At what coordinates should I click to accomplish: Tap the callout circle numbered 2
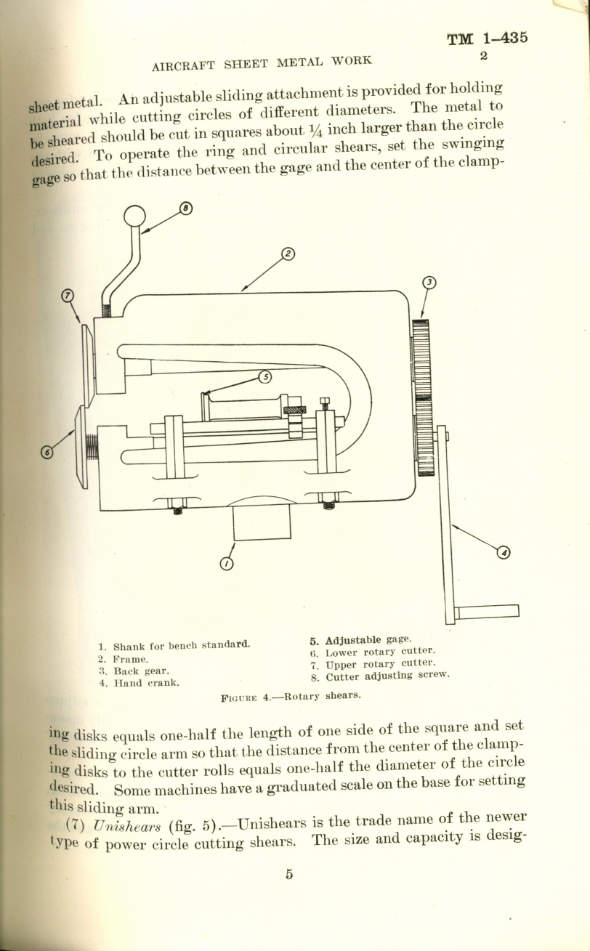(x=288, y=254)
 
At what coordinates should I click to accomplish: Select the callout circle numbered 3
(x=429, y=282)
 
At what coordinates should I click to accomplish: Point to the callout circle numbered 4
(x=503, y=553)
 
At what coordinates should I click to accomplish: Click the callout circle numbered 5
(x=264, y=376)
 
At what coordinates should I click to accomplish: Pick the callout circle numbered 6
(x=47, y=452)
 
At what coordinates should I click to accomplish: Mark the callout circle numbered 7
(x=67, y=296)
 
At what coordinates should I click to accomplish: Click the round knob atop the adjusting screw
(x=135, y=216)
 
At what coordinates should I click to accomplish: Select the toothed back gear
(x=422, y=397)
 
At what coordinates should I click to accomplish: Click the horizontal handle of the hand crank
(x=486, y=611)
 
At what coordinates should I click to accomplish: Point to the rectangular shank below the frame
(x=262, y=522)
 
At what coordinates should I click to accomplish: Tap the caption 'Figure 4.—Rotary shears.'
(x=291, y=695)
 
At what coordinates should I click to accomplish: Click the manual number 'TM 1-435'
(x=487, y=39)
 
